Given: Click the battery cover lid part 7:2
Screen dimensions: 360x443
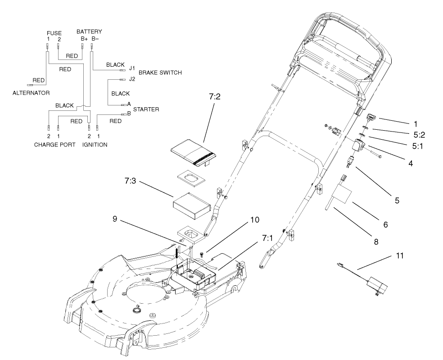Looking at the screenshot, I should point(193,153).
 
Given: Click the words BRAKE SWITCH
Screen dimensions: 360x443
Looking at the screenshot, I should point(160,72).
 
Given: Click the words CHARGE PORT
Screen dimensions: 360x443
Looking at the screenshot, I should point(54,145).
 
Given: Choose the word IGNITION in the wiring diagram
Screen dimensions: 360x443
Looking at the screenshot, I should point(95,145).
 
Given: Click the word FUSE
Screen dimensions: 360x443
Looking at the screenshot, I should point(54,33).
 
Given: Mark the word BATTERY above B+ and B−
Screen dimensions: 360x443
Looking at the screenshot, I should point(89,32).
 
